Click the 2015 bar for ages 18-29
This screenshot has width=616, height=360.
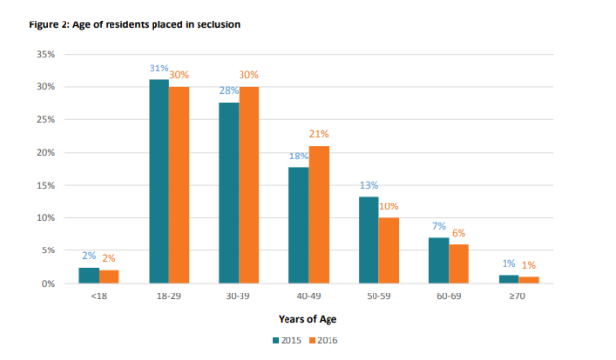[158, 182]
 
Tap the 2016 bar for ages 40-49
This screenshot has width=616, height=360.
[319, 214]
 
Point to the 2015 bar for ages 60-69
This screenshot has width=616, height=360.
[439, 260]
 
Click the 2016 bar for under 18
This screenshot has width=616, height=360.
[109, 277]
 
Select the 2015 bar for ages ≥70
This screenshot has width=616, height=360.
[509, 279]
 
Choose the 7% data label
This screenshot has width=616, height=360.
[438, 226]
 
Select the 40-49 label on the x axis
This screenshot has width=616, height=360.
[309, 294]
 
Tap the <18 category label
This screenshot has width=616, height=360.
[99, 294]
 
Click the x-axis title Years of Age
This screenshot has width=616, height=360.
[308, 319]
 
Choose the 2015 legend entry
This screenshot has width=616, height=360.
[287, 341]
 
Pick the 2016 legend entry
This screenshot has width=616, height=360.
[324, 341]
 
